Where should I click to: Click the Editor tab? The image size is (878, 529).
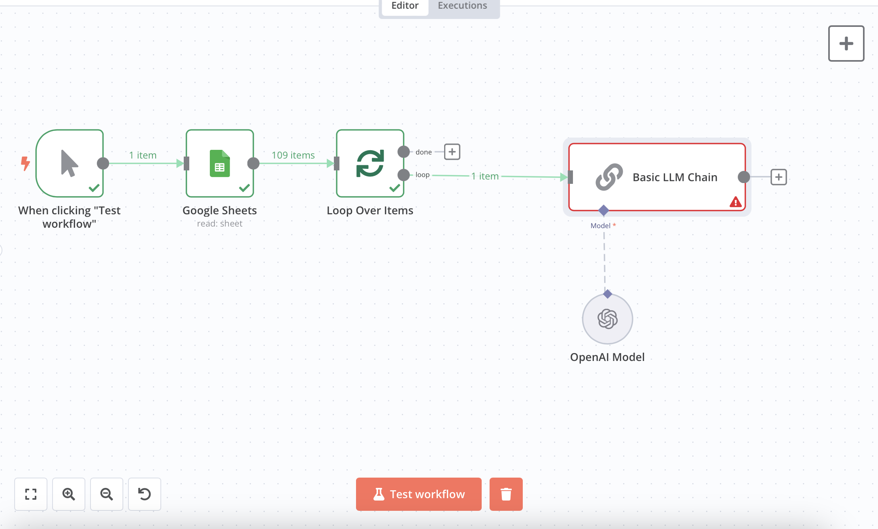pyautogui.click(x=405, y=6)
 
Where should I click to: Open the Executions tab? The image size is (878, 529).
pyautogui.click(x=462, y=6)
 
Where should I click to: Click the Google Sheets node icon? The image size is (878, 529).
pyautogui.click(x=220, y=163)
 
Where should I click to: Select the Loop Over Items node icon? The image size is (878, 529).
pyautogui.click(x=370, y=163)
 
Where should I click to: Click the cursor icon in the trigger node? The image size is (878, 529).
pyautogui.click(x=70, y=163)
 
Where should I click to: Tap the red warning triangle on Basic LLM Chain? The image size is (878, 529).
pyautogui.click(x=735, y=202)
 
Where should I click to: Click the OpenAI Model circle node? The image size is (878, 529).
pyautogui.click(x=607, y=319)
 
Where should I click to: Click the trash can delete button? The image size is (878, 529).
pyautogui.click(x=506, y=494)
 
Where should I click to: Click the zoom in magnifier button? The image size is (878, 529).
pyautogui.click(x=69, y=494)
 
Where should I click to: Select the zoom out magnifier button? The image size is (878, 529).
pyautogui.click(x=107, y=494)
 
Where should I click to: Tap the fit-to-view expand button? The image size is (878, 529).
pyautogui.click(x=31, y=494)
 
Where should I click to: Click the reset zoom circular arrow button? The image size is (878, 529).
pyautogui.click(x=145, y=494)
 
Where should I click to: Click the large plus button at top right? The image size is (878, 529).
pyautogui.click(x=846, y=43)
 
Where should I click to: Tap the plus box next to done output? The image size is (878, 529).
pyautogui.click(x=452, y=152)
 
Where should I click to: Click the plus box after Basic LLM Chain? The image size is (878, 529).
pyautogui.click(x=779, y=177)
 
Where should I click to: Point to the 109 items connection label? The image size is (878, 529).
pyautogui.click(x=293, y=155)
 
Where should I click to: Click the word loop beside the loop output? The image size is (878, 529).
pyautogui.click(x=422, y=175)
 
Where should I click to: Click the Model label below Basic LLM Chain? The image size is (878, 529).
pyautogui.click(x=601, y=226)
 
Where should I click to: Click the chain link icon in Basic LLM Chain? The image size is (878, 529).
pyautogui.click(x=609, y=177)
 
